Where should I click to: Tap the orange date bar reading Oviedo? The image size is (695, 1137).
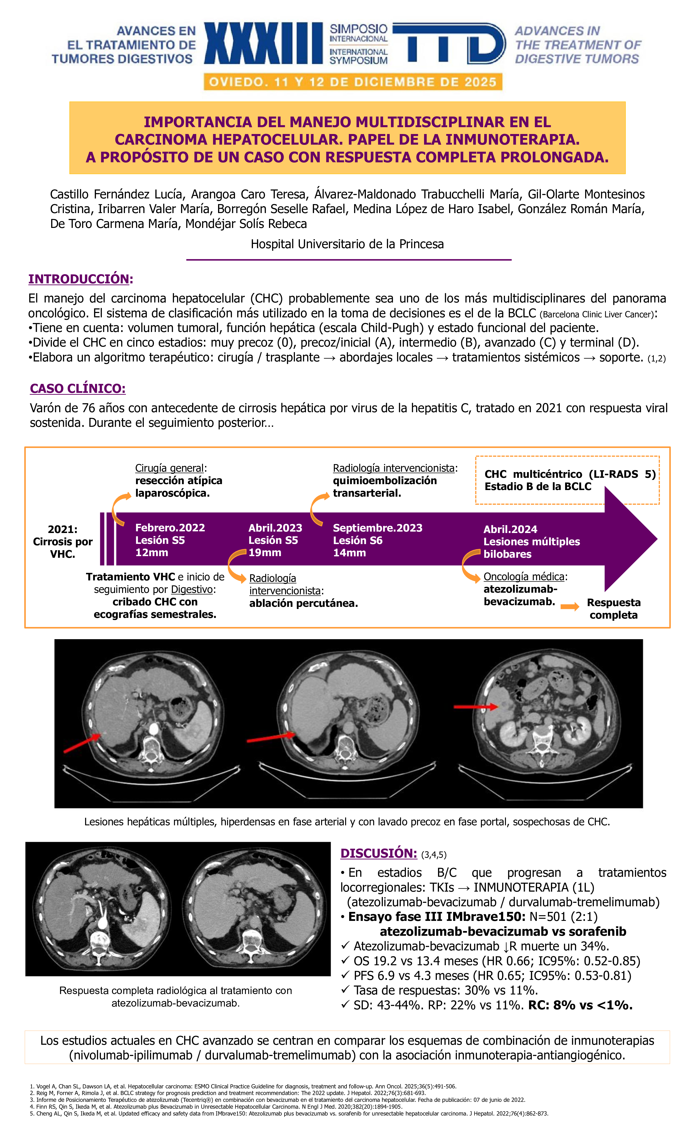click(353, 82)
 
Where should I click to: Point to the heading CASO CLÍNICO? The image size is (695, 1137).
click(78, 389)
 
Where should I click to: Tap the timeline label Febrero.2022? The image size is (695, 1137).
click(170, 528)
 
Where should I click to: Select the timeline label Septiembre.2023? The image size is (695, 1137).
click(377, 528)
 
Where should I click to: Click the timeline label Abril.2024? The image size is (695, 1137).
click(510, 529)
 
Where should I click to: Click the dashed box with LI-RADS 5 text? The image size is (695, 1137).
click(567, 480)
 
